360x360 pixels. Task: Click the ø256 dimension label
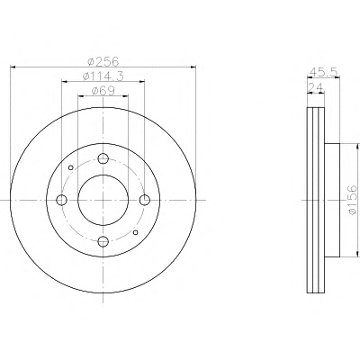coord(103,61)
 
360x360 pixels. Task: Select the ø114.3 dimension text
coord(103,76)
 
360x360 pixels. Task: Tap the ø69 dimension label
coord(103,91)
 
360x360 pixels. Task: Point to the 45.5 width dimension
coord(324,72)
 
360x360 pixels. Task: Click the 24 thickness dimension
coord(316,87)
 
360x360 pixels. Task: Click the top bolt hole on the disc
coord(103,158)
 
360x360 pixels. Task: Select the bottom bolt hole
coord(103,240)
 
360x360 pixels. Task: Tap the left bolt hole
coord(62,200)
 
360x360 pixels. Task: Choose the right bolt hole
coord(145,200)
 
